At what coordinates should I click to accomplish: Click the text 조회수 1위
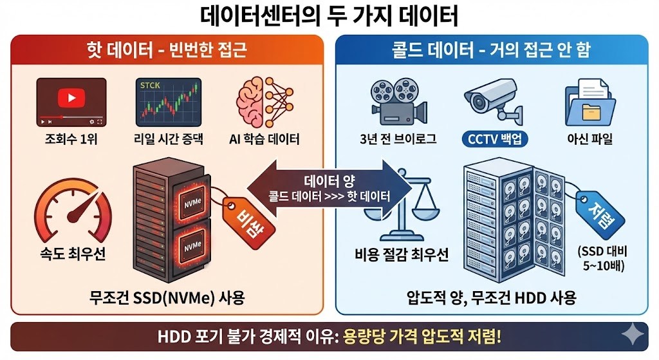click(x=68, y=138)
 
